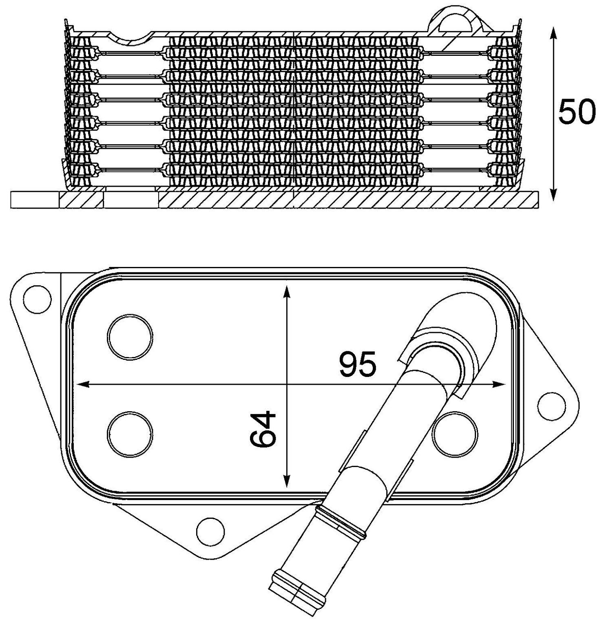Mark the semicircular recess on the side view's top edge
tap(131, 38)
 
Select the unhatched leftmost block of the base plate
tap(35, 200)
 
